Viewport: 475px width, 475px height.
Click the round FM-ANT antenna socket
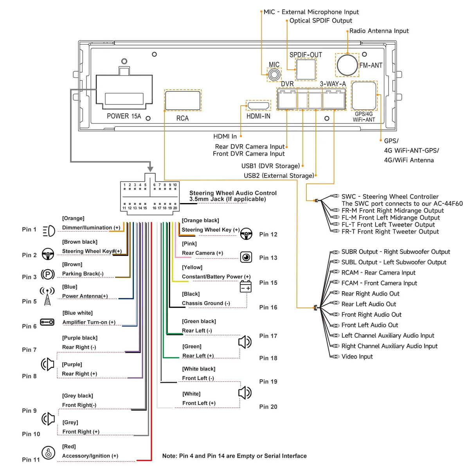click(347, 65)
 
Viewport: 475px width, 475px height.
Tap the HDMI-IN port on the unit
click(258, 106)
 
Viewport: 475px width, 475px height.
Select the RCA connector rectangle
click(183, 100)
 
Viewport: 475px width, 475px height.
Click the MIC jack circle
click(274, 74)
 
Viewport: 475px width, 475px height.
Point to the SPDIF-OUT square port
click(306, 69)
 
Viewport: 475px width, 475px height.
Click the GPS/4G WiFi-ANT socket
click(364, 96)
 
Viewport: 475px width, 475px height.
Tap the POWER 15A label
click(124, 116)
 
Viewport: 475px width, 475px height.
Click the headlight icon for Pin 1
click(49, 231)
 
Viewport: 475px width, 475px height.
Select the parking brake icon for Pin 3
click(48, 274)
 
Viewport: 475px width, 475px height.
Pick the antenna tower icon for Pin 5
click(47, 297)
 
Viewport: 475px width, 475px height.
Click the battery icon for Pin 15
click(246, 286)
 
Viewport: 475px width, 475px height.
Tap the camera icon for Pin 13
click(246, 257)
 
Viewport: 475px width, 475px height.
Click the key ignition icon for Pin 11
click(48, 453)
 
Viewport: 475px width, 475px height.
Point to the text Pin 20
click(268, 407)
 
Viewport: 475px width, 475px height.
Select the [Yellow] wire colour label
click(192, 267)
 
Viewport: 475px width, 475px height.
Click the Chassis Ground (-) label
click(206, 303)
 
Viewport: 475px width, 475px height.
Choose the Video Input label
click(357, 356)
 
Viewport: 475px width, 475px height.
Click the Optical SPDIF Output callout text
click(320, 21)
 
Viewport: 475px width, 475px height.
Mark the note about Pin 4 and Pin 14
click(234, 456)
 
